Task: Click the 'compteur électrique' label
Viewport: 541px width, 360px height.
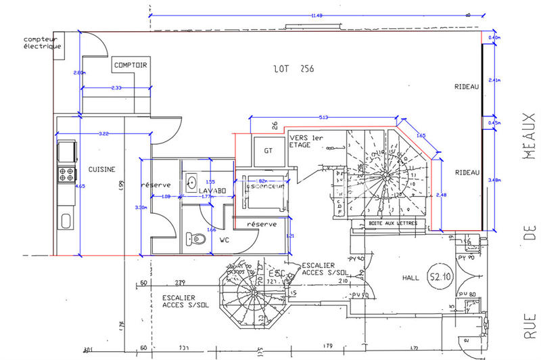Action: [x=42, y=43]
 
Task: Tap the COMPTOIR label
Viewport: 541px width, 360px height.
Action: [x=131, y=65]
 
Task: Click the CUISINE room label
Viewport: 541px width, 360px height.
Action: [x=101, y=169]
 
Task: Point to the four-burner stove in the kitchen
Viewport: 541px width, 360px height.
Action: [x=66, y=174]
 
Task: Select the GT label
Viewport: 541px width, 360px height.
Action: [x=268, y=150]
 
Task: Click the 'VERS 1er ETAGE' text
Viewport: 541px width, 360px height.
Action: [x=305, y=141]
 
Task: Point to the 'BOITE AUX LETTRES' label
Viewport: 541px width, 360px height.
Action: [x=392, y=223]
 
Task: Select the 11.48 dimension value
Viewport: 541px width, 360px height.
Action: [x=316, y=16]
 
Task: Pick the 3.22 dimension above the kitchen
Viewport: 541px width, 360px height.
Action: [x=103, y=134]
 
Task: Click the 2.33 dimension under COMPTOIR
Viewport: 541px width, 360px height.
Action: [x=116, y=88]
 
